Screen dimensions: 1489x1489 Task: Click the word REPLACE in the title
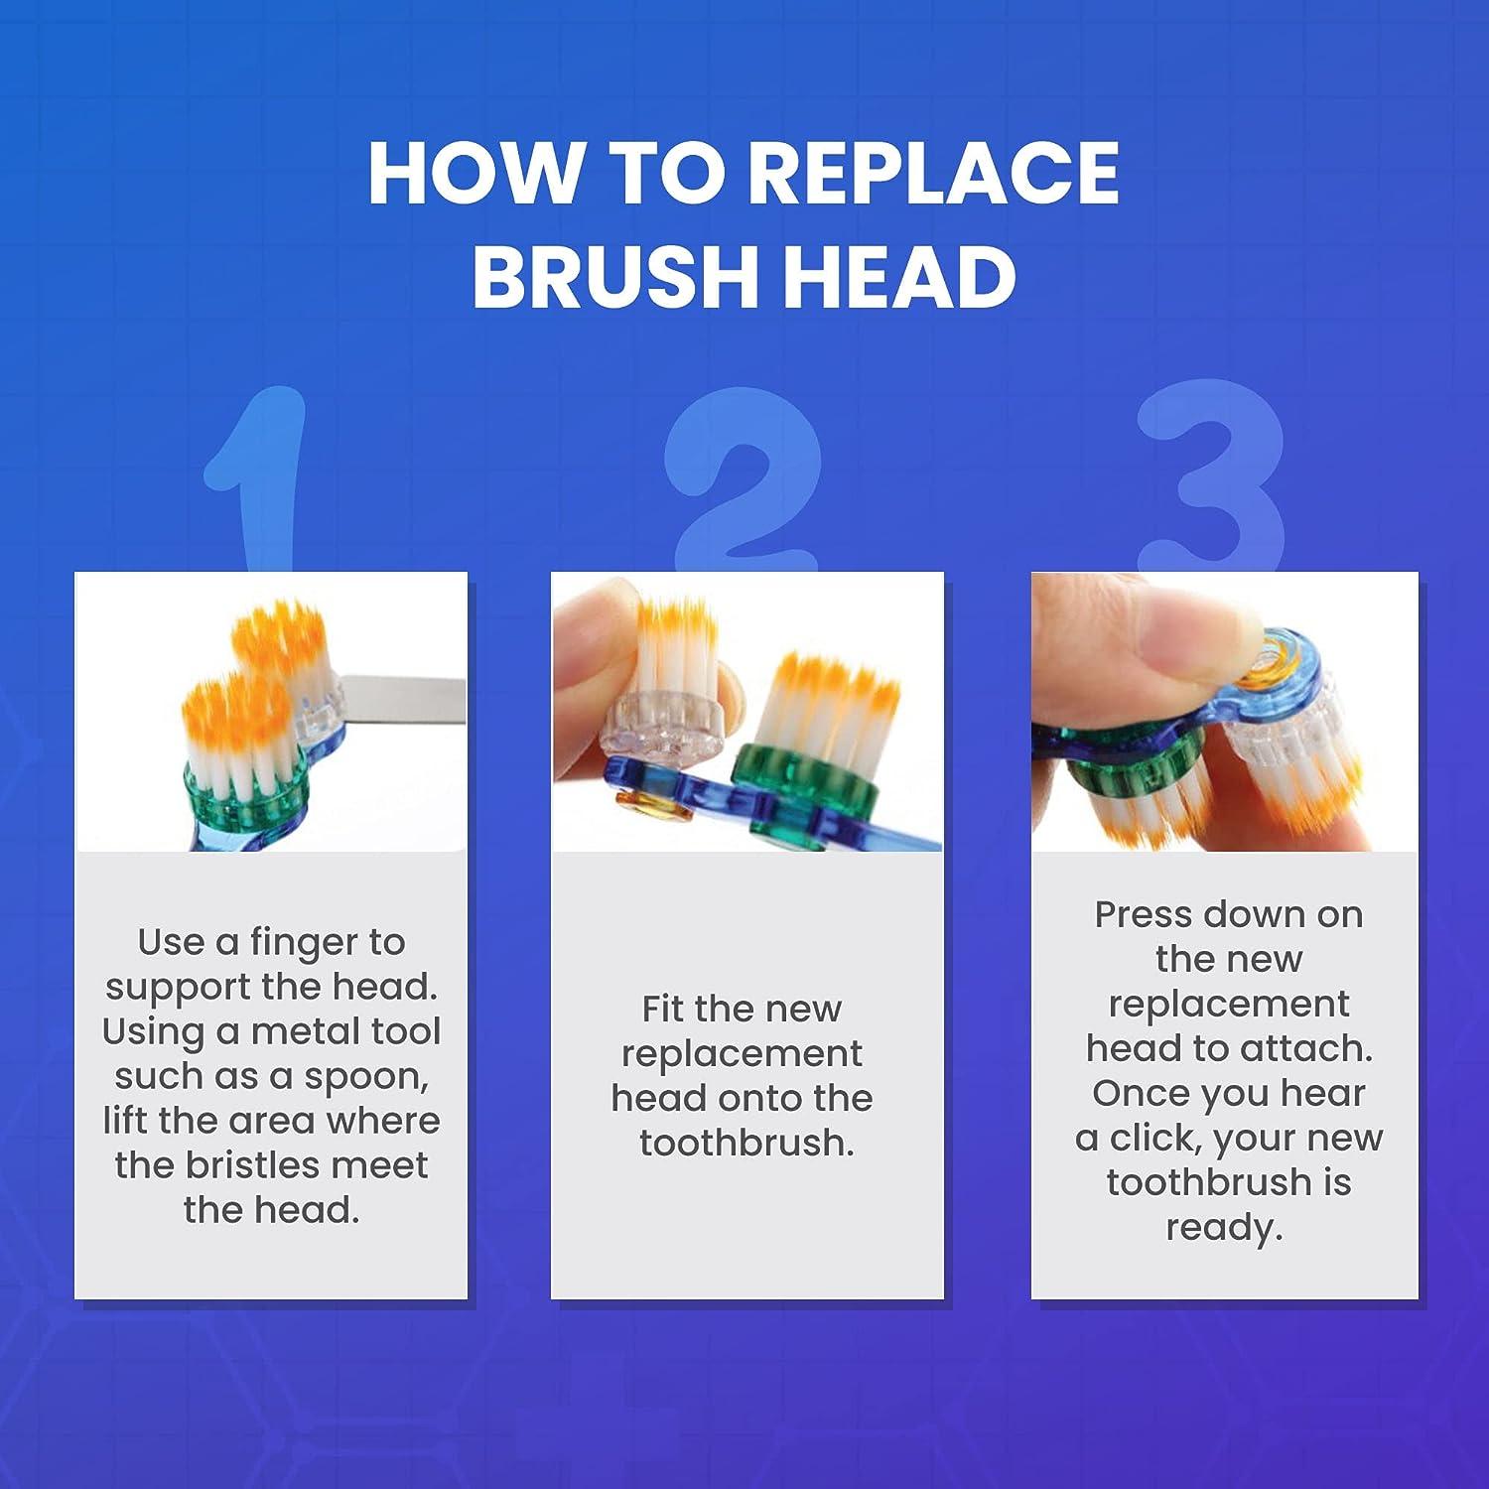click(x=933, y=174)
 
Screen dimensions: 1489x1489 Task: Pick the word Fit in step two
click(x=662, y=1010)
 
